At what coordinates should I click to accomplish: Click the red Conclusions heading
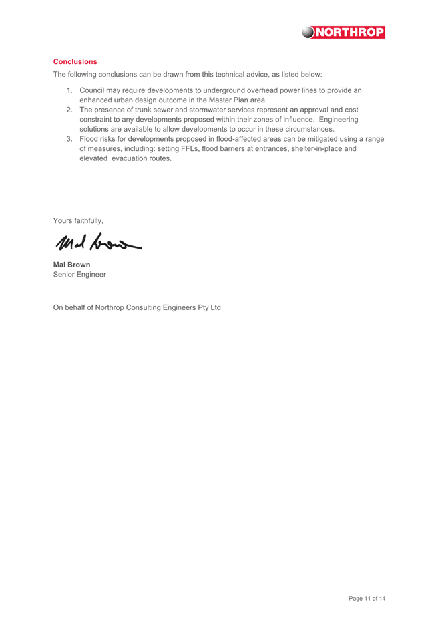[75, 61]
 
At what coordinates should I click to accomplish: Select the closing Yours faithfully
[78, 220]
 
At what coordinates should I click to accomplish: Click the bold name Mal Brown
[72, 265]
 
